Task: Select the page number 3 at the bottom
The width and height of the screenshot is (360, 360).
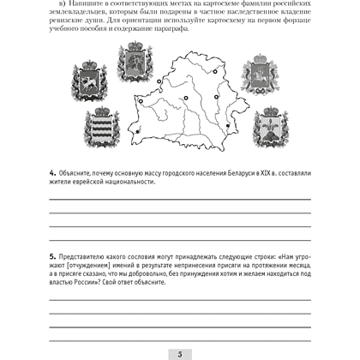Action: click(180, 353)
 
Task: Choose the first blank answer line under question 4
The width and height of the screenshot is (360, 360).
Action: click(180, 198)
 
